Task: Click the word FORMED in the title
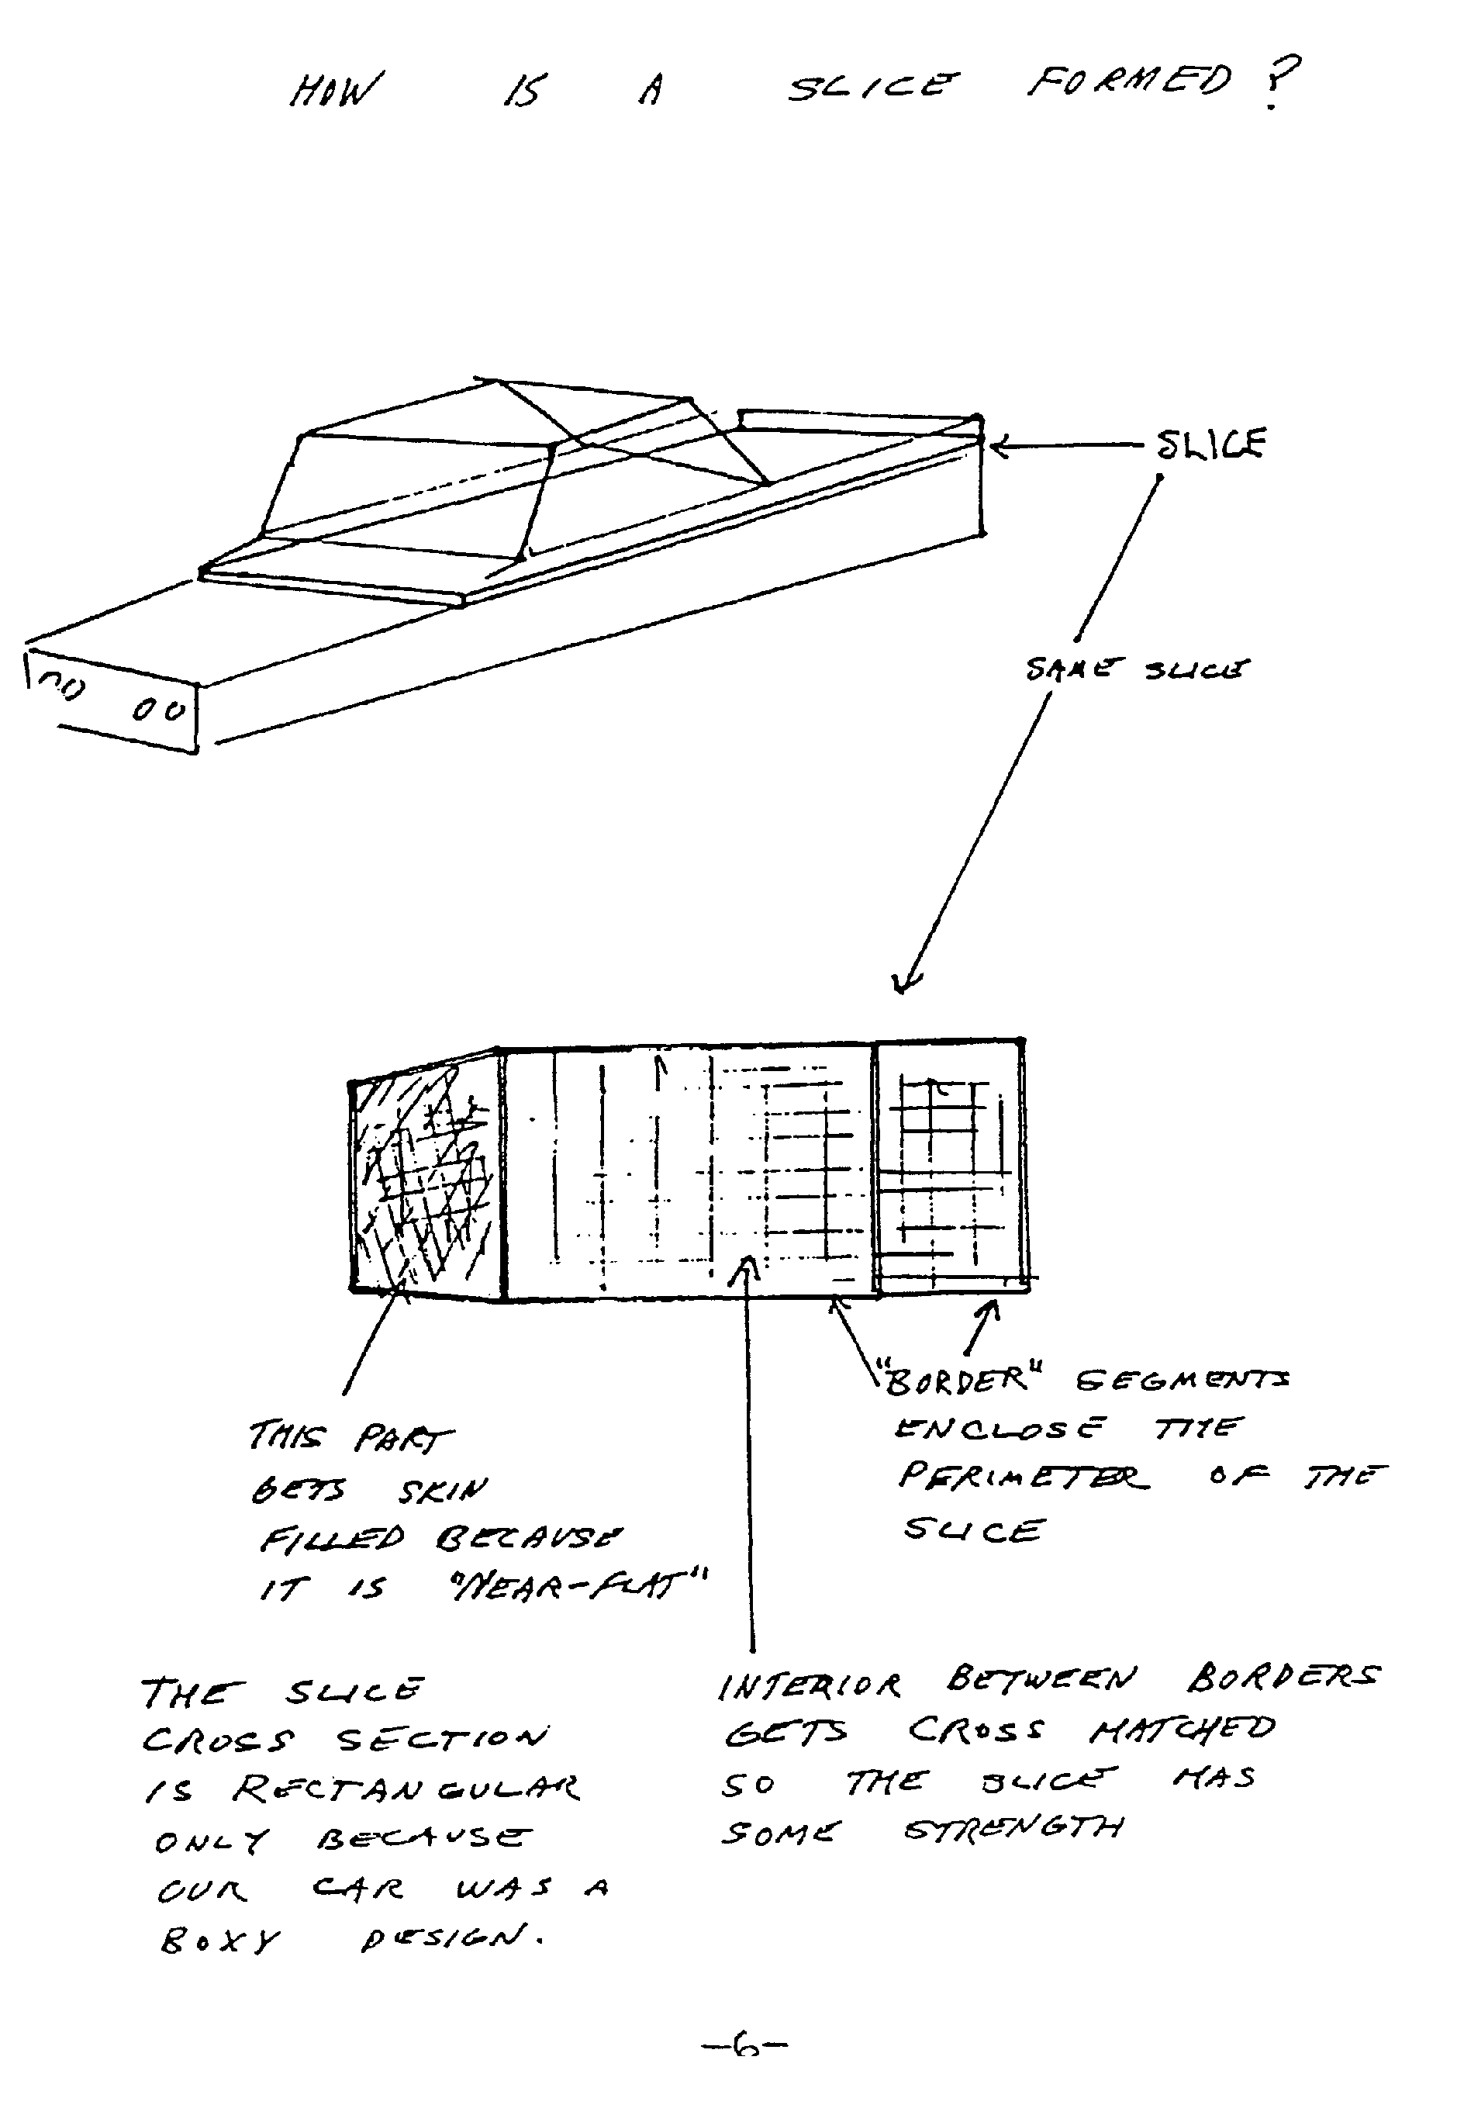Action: pos(1128,82)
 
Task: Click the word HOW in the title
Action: pos(335,91)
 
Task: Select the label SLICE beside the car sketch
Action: pos(1210,444)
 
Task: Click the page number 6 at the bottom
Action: pos(745,2044)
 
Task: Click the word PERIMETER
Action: pos(1022,1477)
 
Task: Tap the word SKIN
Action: pos(443,1491)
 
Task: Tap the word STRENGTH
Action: pos(1012,1829)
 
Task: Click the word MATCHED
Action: pos(1181,1729)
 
